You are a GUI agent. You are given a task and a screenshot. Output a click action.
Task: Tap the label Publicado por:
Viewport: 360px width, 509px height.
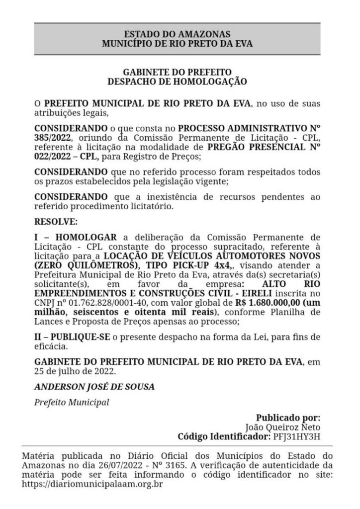[288, 418]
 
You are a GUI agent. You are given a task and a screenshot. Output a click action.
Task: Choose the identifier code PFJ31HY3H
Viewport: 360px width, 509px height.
[297, 436]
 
